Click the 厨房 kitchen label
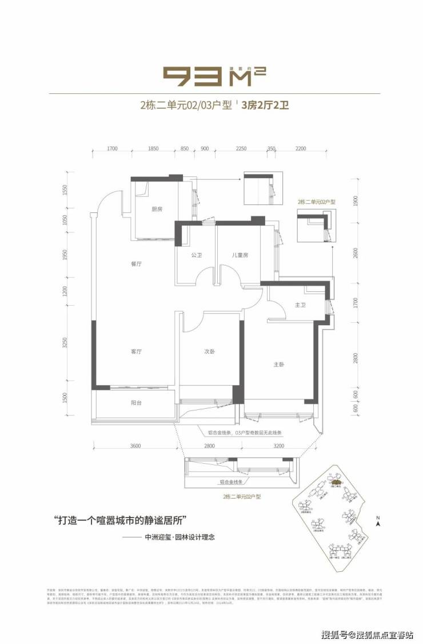pos(157,209)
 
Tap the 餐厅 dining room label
pos(136,264)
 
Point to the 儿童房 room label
pos(240,254)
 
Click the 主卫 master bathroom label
pos(301,306)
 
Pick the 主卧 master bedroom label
pos(279,365)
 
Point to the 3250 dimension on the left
pos(65,342)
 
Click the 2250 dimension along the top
pos(241,149)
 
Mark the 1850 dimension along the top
pos(153,149)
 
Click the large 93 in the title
pos(192,77)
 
